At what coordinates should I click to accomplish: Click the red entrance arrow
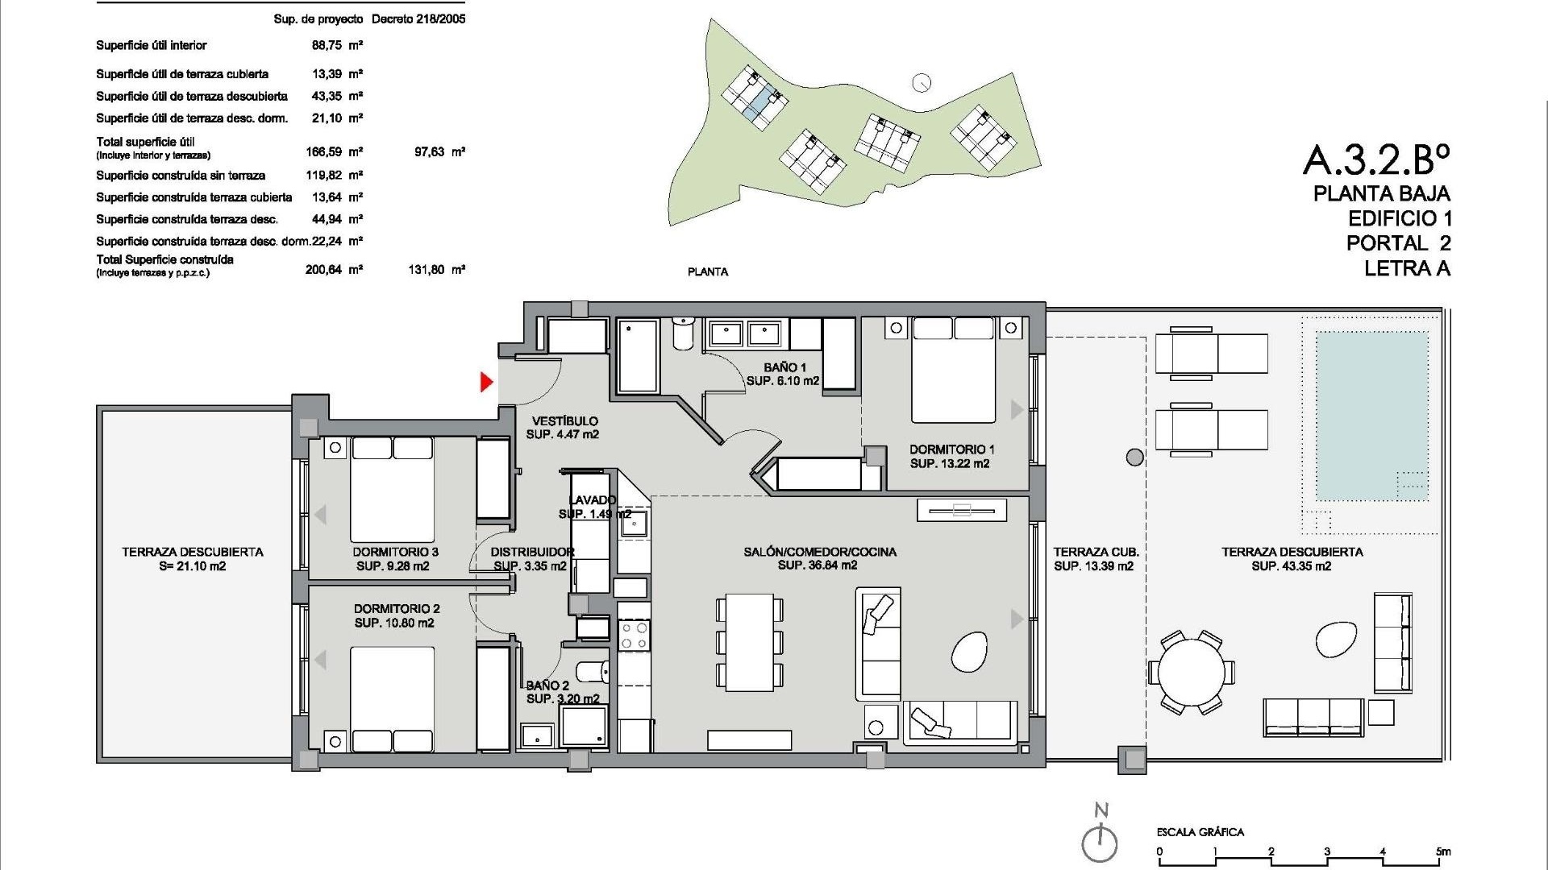(486, 382)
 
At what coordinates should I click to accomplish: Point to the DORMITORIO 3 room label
(395, 552)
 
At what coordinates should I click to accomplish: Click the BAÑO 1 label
(784, 367)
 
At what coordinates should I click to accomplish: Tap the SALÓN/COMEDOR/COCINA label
(819, 552)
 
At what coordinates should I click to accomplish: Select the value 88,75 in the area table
(327, 45)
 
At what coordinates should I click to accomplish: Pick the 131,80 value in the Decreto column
(427, 270)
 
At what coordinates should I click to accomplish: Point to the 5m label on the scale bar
(1442, 851)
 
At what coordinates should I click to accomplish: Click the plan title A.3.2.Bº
(1376, 160)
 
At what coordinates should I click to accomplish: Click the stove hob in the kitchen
(634, 636)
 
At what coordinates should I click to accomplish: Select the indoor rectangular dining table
(750, 642)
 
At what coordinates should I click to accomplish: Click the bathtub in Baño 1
(637, 354)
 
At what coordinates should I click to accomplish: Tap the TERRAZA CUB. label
(1096, 552)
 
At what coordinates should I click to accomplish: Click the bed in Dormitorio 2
(392, 699)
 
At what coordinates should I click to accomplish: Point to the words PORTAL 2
(1399, 243)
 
